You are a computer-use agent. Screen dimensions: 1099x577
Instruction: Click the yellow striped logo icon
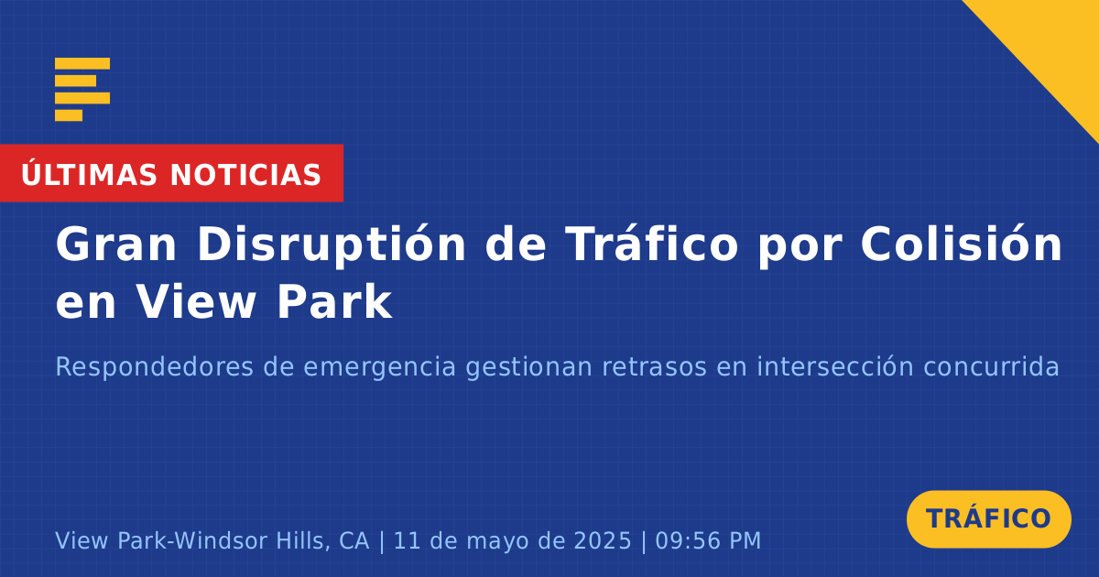pos(82,90)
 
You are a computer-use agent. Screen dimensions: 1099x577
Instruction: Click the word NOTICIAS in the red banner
pos(245,175)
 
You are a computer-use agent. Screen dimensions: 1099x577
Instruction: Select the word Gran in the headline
pos(115,244)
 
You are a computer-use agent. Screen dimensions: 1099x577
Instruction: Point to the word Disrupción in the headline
pos(332,245)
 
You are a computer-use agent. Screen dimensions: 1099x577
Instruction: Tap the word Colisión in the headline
pos(961,243)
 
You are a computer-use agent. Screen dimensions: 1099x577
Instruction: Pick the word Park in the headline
pos(334,301)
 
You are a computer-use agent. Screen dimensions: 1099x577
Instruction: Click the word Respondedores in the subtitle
pos(154,367)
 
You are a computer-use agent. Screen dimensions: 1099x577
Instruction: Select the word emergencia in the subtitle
pos(380,368)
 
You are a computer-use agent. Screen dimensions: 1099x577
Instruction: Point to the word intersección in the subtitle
pos(835,366)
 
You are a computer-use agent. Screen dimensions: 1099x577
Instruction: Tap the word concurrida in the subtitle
pos(991,366)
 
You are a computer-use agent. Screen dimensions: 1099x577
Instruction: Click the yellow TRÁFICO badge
pos(988,519)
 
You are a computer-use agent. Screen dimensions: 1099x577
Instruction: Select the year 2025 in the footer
pos(603,540)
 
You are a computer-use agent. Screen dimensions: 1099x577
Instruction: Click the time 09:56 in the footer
pos(686,540)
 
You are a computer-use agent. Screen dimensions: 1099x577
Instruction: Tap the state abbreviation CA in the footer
pos(354,540)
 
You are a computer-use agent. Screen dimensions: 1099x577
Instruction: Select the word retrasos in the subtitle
pos(654,367)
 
